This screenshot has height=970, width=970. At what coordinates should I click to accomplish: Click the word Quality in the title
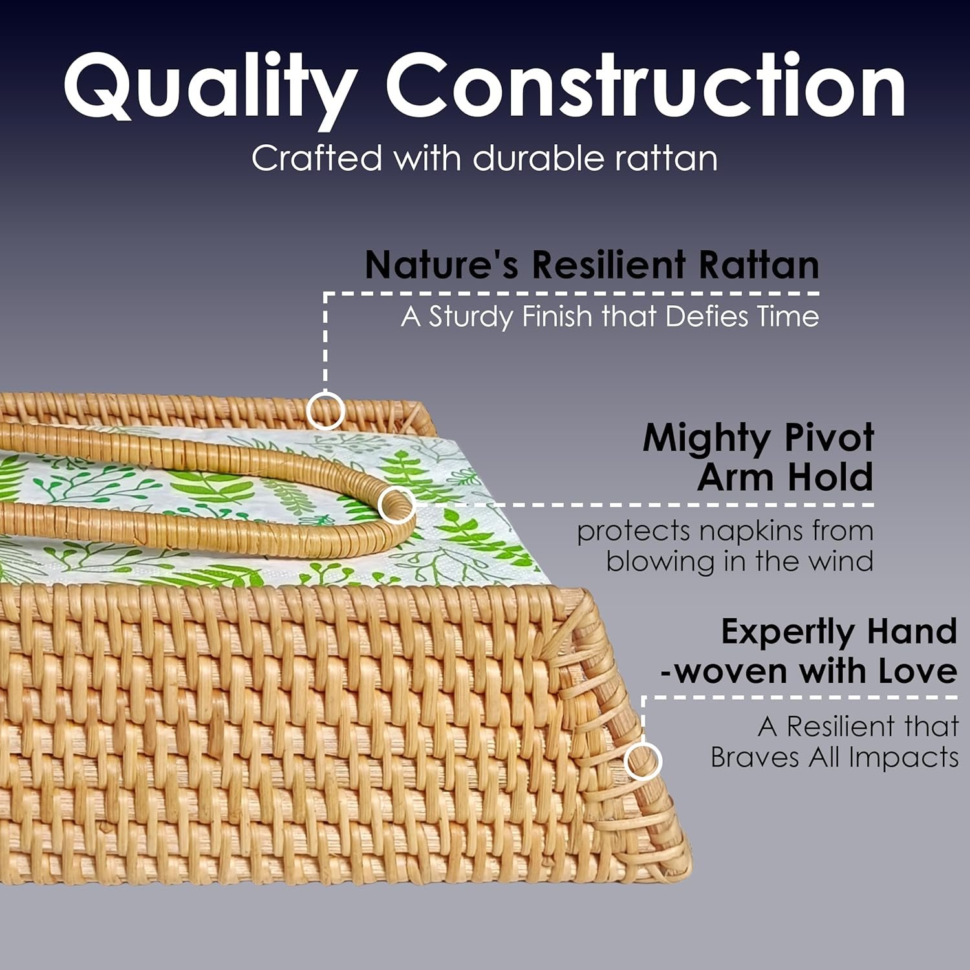[x=210, y=87]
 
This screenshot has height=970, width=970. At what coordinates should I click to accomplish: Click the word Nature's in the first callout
[x=442, y=264]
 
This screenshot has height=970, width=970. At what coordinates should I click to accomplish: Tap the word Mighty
[x=708, y=440]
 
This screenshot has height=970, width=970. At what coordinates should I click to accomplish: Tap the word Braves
[x=754, y=757]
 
